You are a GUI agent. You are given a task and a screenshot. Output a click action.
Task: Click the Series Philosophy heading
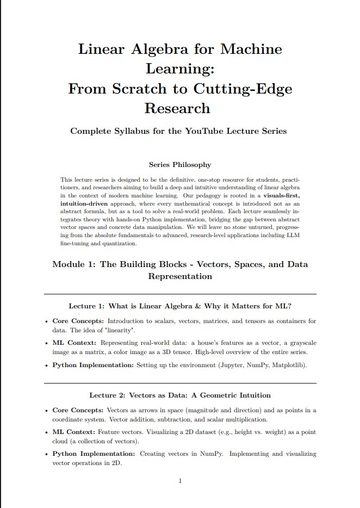(180, 164)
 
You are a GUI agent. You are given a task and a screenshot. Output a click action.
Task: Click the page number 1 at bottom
(180, 481)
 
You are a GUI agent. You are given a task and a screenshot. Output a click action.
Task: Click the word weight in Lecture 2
(270, 432)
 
